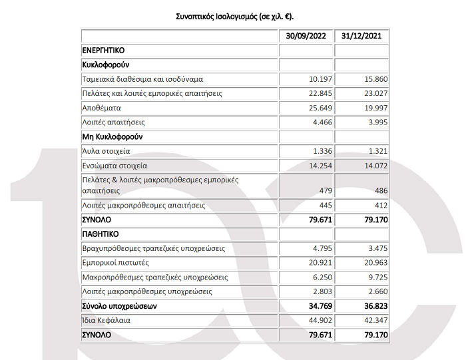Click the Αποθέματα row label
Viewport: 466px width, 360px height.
[x=101, y=108]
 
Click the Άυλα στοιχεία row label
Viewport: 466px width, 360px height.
[x=107, y=151]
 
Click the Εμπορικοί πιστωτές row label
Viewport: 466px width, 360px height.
[x=114, y=263]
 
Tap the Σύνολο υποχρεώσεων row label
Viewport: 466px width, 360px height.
[x=120, y=306]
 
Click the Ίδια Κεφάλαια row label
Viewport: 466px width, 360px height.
[x=107, y=320]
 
